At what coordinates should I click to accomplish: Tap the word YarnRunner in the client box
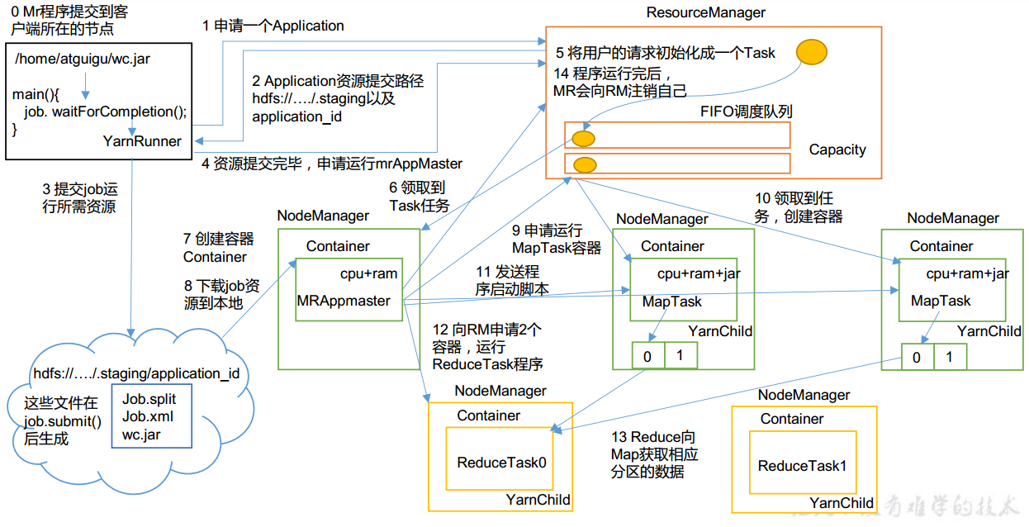[142, 141]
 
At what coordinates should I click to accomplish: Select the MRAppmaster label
[344, 301]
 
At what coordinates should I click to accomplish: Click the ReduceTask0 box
[501, 463]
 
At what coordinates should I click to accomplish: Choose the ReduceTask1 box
[802, 466]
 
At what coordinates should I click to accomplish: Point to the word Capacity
[837, 150]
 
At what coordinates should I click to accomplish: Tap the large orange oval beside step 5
[811, 53]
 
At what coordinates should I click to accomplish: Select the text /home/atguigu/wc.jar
[83, 59]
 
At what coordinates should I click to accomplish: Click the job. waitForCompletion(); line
[106, 112]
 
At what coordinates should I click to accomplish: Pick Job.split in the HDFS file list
[149, 399]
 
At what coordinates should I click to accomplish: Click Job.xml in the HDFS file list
[147, 416]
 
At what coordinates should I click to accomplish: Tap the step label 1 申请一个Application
[273, 26]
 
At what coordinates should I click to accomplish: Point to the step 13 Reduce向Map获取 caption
[654, 454]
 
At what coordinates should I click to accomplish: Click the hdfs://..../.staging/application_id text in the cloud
[136, 373]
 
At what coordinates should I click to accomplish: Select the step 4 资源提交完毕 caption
[332, 163]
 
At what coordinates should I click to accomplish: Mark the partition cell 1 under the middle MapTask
[680, 355]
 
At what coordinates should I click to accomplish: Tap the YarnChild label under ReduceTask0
[538, 500]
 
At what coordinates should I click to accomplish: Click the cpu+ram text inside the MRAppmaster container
[368, 273]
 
